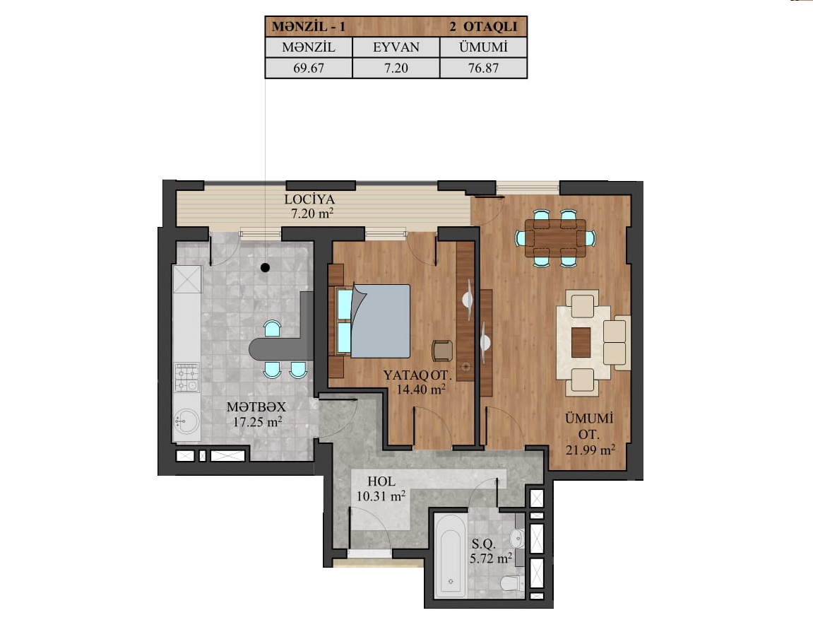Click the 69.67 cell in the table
point(309,68)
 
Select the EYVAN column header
point(396,47)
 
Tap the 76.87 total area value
point(483,68)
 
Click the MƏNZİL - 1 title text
point(309,26)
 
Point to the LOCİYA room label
point(309,199)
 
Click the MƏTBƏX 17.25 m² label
point(256,414)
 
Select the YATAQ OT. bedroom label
point(417,375)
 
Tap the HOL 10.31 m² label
point(381,488)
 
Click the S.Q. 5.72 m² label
point(490,551)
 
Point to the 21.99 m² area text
point(590,450)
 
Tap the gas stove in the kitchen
point(186,378)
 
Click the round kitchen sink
point(186,422)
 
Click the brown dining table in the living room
point(555,238)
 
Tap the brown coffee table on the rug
point(581,342)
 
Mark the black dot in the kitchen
point(265,268)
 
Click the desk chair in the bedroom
point(442,350)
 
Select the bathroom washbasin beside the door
point(518,537)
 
